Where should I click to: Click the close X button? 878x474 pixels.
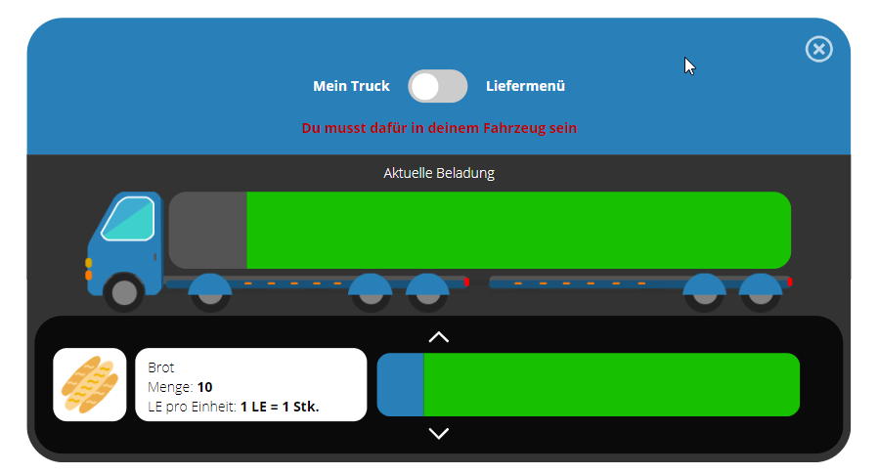click(x=818, y=49)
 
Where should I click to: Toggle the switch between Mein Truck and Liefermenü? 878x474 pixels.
click(x=437, y=86)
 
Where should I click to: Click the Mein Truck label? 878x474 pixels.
click(x=351, y=86)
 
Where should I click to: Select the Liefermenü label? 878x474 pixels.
click(x=525, y=86)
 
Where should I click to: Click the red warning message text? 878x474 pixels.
click(x=439, y=127)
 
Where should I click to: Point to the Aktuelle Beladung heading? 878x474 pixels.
click(x=439, y=173)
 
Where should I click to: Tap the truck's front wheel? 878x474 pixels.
click(x=125, y=291)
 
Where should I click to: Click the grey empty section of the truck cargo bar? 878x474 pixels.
click(x=208, y=230)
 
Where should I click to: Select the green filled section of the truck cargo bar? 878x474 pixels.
click(x=518, y=230)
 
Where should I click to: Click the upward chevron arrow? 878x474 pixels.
click(x=439, y=337)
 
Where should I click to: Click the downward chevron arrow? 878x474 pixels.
click(x=439, y=433)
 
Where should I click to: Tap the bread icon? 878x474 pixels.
click(x=90, y=384)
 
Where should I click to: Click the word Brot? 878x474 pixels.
click(x=160, y=367)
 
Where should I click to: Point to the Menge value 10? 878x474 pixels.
click(x=204, y=387)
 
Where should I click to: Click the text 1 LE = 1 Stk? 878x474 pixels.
click(x=280, y=406)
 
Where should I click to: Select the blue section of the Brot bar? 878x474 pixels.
click(x=401, y=384)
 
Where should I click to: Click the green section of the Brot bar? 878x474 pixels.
click(x=611, y=384)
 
